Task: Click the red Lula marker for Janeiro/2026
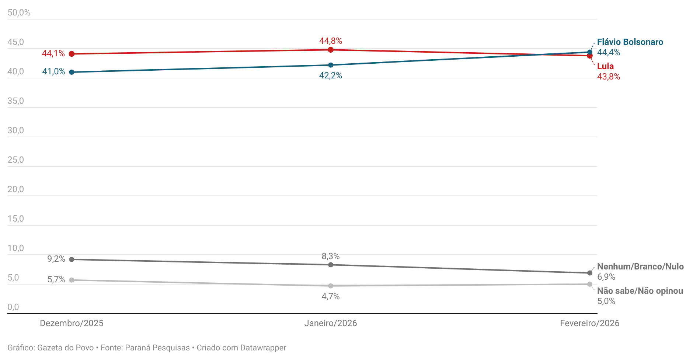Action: [x=331, y=50]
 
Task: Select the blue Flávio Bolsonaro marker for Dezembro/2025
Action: [x=72, y=72]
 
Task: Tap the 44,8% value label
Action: [x=331, y=41]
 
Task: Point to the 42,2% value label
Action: [x=331, y=75]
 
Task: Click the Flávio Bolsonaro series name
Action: [x=630, y=42]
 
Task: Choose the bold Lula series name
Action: [x=605, y=66]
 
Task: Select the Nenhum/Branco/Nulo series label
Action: [x=640, y=267]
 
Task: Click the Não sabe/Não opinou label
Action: [x=640, y=291]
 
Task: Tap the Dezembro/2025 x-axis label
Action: [x=72, y=323]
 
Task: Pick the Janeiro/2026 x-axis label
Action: [x=331, y=323]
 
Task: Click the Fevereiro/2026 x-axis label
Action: [x=589, y=323]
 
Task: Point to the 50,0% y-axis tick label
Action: [x=19, y=13]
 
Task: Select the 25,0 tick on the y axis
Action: [x=15, y=160]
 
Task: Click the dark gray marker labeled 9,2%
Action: [x=72, y=260]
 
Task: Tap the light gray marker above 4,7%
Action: [x=331, y=286]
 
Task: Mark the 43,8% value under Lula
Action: [x=609, y=77]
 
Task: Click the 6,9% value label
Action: [x=606, y=277]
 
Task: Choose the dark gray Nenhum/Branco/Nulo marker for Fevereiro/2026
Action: [x=590, y=273]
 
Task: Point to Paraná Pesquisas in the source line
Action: [x=157, y=348]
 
